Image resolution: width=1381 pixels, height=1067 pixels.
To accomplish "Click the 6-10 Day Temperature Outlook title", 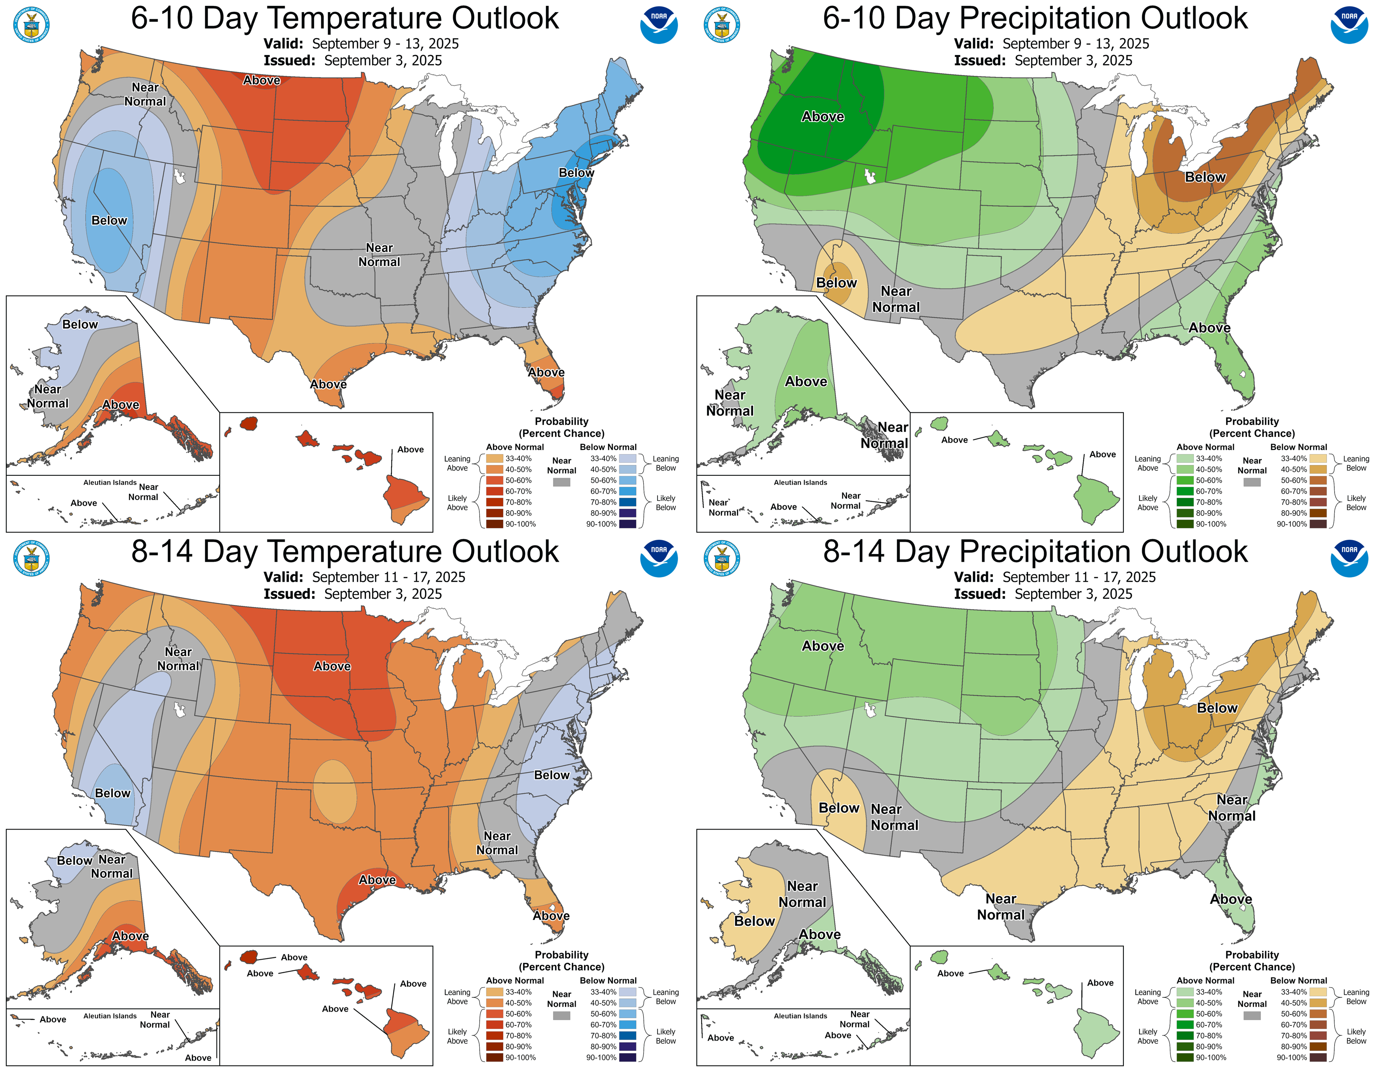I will coord(344,18).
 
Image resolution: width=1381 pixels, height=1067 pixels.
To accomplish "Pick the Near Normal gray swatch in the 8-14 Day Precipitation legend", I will coord(1251,1016).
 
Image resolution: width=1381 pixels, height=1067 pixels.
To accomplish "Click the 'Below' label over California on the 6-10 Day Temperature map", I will coord(109,221).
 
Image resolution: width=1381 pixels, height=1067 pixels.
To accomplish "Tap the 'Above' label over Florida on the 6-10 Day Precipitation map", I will coord(1209,327).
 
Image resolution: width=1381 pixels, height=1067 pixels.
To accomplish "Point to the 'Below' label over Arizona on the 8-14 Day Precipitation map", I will coord(838,808).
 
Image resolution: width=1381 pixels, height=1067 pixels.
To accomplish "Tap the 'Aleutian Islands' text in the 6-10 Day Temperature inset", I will coord(110,482).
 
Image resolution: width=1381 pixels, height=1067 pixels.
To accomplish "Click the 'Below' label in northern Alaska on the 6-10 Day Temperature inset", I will coord(80,324).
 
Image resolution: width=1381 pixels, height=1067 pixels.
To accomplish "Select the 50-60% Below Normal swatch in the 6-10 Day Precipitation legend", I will coord(1318,480).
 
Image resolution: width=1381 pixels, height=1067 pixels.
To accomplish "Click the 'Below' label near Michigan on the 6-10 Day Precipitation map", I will coord(1204,177).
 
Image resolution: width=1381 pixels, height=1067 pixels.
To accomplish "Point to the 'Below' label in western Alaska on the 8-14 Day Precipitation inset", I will coord(754,921).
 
